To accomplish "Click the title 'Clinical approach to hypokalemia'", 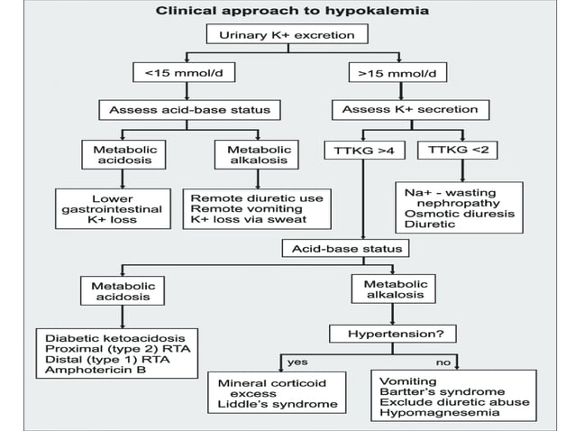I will (287, 12).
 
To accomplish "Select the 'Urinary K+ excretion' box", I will (287, 36).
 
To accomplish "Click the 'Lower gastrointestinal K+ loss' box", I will (112, 208).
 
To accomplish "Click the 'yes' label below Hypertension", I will (297, 361).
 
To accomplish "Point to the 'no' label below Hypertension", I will (443, 361).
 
